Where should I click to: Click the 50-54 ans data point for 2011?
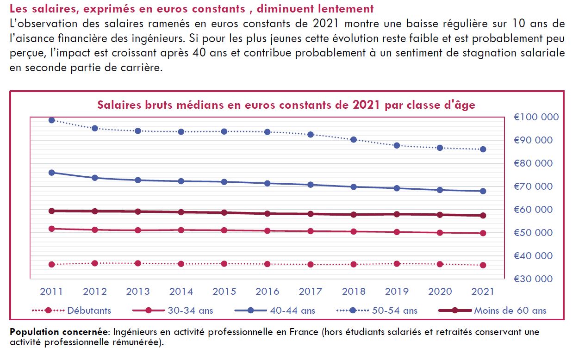[52, 120]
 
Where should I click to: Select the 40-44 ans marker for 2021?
[483, 191]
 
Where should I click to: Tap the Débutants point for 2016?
[268, 264]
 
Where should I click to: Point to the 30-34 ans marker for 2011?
[52, 229]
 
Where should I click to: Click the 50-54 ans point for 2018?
[354, 140]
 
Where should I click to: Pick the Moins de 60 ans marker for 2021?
[483, 216]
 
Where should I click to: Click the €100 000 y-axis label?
[536, 118]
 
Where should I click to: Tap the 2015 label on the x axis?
[224, 292]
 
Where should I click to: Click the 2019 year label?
[397, 292]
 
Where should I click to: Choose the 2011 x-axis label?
[52, 292]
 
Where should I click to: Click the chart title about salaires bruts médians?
[286, 105]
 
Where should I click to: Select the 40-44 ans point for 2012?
[95, 178]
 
